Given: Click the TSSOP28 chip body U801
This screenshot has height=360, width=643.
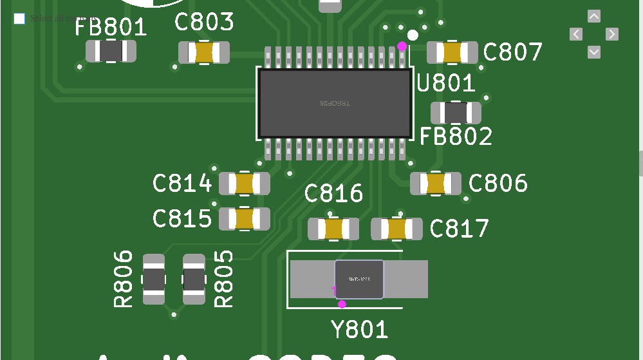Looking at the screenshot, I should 335,103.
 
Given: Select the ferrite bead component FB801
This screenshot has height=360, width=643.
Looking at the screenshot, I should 111,51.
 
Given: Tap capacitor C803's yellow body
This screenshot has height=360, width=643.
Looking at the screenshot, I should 204,52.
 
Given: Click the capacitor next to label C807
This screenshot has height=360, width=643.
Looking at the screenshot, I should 452,52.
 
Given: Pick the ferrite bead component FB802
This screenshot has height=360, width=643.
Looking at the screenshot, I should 456,113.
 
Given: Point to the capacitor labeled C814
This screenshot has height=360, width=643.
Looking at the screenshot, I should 244,184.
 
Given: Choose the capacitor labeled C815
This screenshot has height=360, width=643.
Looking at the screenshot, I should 244,219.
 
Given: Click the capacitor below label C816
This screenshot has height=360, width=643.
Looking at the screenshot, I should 333,229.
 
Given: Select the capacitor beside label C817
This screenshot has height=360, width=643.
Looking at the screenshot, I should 396,229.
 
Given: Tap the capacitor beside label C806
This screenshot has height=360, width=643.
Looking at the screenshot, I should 436,184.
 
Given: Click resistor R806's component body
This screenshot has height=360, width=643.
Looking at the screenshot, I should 154,279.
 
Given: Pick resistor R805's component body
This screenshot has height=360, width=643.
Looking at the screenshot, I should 194,279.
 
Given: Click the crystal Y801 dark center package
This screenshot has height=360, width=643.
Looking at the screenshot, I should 359,279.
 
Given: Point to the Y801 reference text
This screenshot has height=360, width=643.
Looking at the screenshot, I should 360,330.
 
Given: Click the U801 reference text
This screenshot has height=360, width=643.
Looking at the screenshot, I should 446,84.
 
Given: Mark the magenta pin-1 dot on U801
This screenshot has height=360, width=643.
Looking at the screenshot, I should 402,46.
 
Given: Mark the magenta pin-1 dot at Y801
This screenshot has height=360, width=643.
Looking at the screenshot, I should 342,304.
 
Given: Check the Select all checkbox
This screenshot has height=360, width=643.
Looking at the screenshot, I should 19,18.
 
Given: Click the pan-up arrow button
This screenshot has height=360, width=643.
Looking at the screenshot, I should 594,16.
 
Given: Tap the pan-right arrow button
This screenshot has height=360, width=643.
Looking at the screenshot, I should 612,34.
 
